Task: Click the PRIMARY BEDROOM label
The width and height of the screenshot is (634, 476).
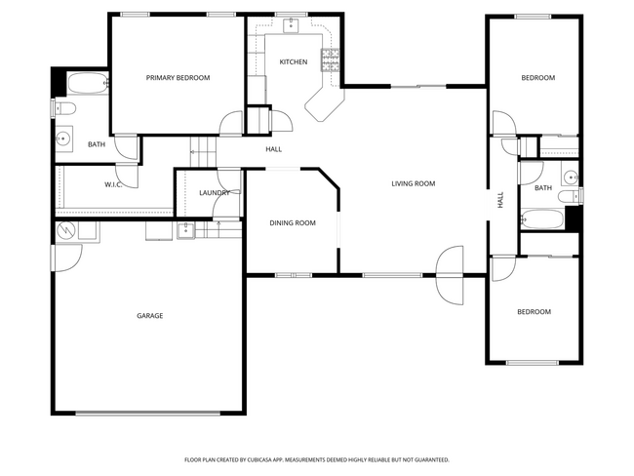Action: coord(178,78)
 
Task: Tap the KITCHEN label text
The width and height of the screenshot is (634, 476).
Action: coord(293,62)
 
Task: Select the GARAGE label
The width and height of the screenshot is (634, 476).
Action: coord(149,316)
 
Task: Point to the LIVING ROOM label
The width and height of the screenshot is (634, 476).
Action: coord(413,183)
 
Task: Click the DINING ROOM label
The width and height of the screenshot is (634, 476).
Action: coord(293,223)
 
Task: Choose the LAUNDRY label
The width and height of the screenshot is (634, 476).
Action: coord(214,193)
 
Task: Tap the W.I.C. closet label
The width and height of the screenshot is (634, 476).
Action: coord(113,184)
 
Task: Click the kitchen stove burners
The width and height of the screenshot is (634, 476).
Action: coord(330,60)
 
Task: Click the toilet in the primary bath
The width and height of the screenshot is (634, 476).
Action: coord(60,108)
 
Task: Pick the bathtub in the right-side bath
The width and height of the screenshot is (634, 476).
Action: coord(541,218)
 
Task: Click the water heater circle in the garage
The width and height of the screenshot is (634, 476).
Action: coord(65,231)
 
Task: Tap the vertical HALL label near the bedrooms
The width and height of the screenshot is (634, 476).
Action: coord(500,200)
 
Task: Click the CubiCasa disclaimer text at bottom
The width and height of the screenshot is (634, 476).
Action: coord(317,459)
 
